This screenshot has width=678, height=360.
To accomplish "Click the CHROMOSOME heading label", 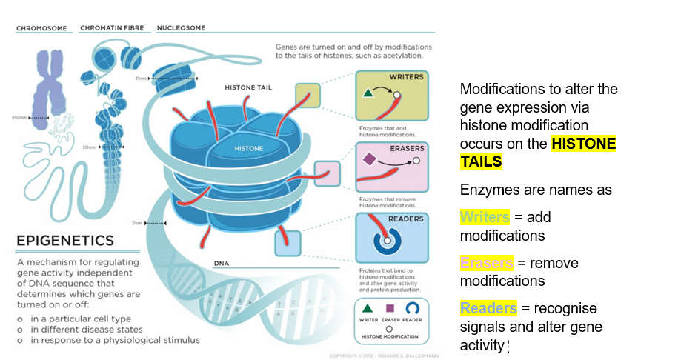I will click(x=41, y=28).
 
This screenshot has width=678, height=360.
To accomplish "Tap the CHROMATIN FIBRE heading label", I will click(x=111, y=28).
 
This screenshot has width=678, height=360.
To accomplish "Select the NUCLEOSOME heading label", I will click(x=181, y=28).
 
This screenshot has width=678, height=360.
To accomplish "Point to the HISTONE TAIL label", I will click(x=248, y=87).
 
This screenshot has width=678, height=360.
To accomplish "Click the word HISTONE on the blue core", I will click(x=249, y=149).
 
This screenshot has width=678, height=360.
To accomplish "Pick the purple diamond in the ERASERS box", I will click(x=369, y=159).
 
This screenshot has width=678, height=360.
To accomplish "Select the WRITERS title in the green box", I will click(x=407, y=77).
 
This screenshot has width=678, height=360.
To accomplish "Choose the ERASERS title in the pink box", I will click(x=407, y=148).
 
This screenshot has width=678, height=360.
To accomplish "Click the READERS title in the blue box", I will click(x=406, y=219).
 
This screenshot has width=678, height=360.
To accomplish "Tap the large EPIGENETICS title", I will click(x=64, y=240).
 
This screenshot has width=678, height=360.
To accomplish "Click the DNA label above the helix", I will click(x=221, y=264).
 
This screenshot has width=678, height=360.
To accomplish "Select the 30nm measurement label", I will click(x=89, y=147).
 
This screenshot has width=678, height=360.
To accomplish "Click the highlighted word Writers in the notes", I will click(x=485, y=217).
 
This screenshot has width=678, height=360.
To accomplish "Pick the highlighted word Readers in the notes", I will click(x=488, y=308).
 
